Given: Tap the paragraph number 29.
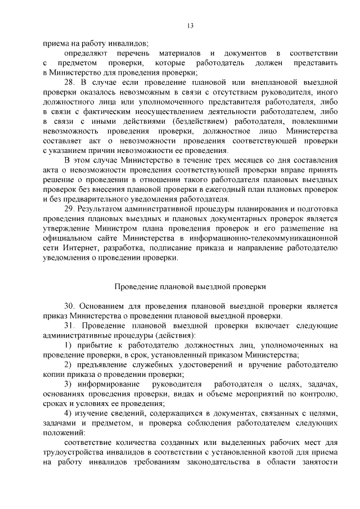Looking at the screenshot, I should point(69,209).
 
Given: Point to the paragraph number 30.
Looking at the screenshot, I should point(69,307).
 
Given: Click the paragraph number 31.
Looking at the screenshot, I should point(69,326).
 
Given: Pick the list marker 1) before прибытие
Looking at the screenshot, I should point(67,345).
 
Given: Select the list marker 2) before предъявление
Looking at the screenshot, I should point(67,365).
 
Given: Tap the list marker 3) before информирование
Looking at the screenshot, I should point(67,384).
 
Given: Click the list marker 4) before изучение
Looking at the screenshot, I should point(67,414).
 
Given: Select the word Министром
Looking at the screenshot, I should point(119,228).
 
